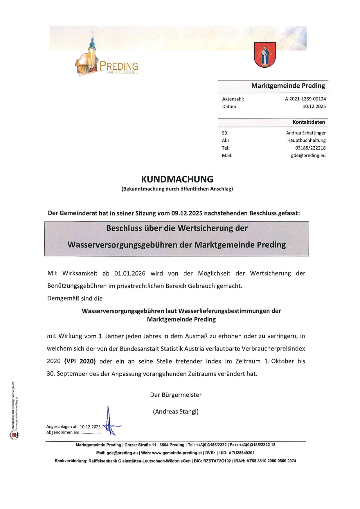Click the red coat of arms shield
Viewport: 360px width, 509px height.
(264, 55)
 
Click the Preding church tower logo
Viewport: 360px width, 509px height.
(89, 58)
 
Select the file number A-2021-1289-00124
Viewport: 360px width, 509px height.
(305, 99)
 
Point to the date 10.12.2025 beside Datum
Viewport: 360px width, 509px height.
(314, 106)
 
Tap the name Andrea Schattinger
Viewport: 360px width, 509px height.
(306, 133)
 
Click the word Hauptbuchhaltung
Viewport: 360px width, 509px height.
(306, 140)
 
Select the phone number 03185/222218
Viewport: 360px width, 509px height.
(310, 148)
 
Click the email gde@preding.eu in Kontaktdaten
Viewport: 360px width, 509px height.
(308, 155)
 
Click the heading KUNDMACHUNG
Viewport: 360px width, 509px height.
(177, 179)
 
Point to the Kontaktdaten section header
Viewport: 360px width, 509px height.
(308, 122)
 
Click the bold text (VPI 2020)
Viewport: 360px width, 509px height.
(80, 361)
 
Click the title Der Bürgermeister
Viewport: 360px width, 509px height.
(176, 395)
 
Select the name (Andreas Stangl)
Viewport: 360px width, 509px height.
(176, 411)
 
